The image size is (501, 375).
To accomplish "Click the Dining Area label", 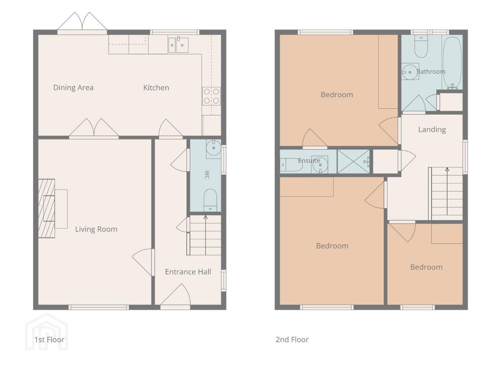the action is (73, 87).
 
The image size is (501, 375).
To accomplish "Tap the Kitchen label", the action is (156, 87).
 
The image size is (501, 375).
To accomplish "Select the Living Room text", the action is (96, 229).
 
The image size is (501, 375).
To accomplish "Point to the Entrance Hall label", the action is (188, 272).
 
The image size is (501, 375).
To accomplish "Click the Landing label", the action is (432, 130).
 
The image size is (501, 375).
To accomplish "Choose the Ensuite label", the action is (309, 160).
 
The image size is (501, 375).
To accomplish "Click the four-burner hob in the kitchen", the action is (211, 96).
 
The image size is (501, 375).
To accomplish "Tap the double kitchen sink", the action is (178, 45).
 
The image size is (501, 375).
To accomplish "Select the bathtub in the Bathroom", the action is (452, 63).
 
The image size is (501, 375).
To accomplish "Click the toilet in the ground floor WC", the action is (210, 200).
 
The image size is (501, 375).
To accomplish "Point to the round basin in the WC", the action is (214, 148).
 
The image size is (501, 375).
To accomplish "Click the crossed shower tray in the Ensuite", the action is (353, 161).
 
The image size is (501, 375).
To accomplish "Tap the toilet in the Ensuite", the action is (291, 165).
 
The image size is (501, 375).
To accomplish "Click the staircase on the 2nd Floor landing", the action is (446, 193).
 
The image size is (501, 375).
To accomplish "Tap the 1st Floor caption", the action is (49, 340).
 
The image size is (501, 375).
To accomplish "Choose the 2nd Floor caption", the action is (292, 340).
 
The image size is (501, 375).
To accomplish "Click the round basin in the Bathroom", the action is (410, 72).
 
